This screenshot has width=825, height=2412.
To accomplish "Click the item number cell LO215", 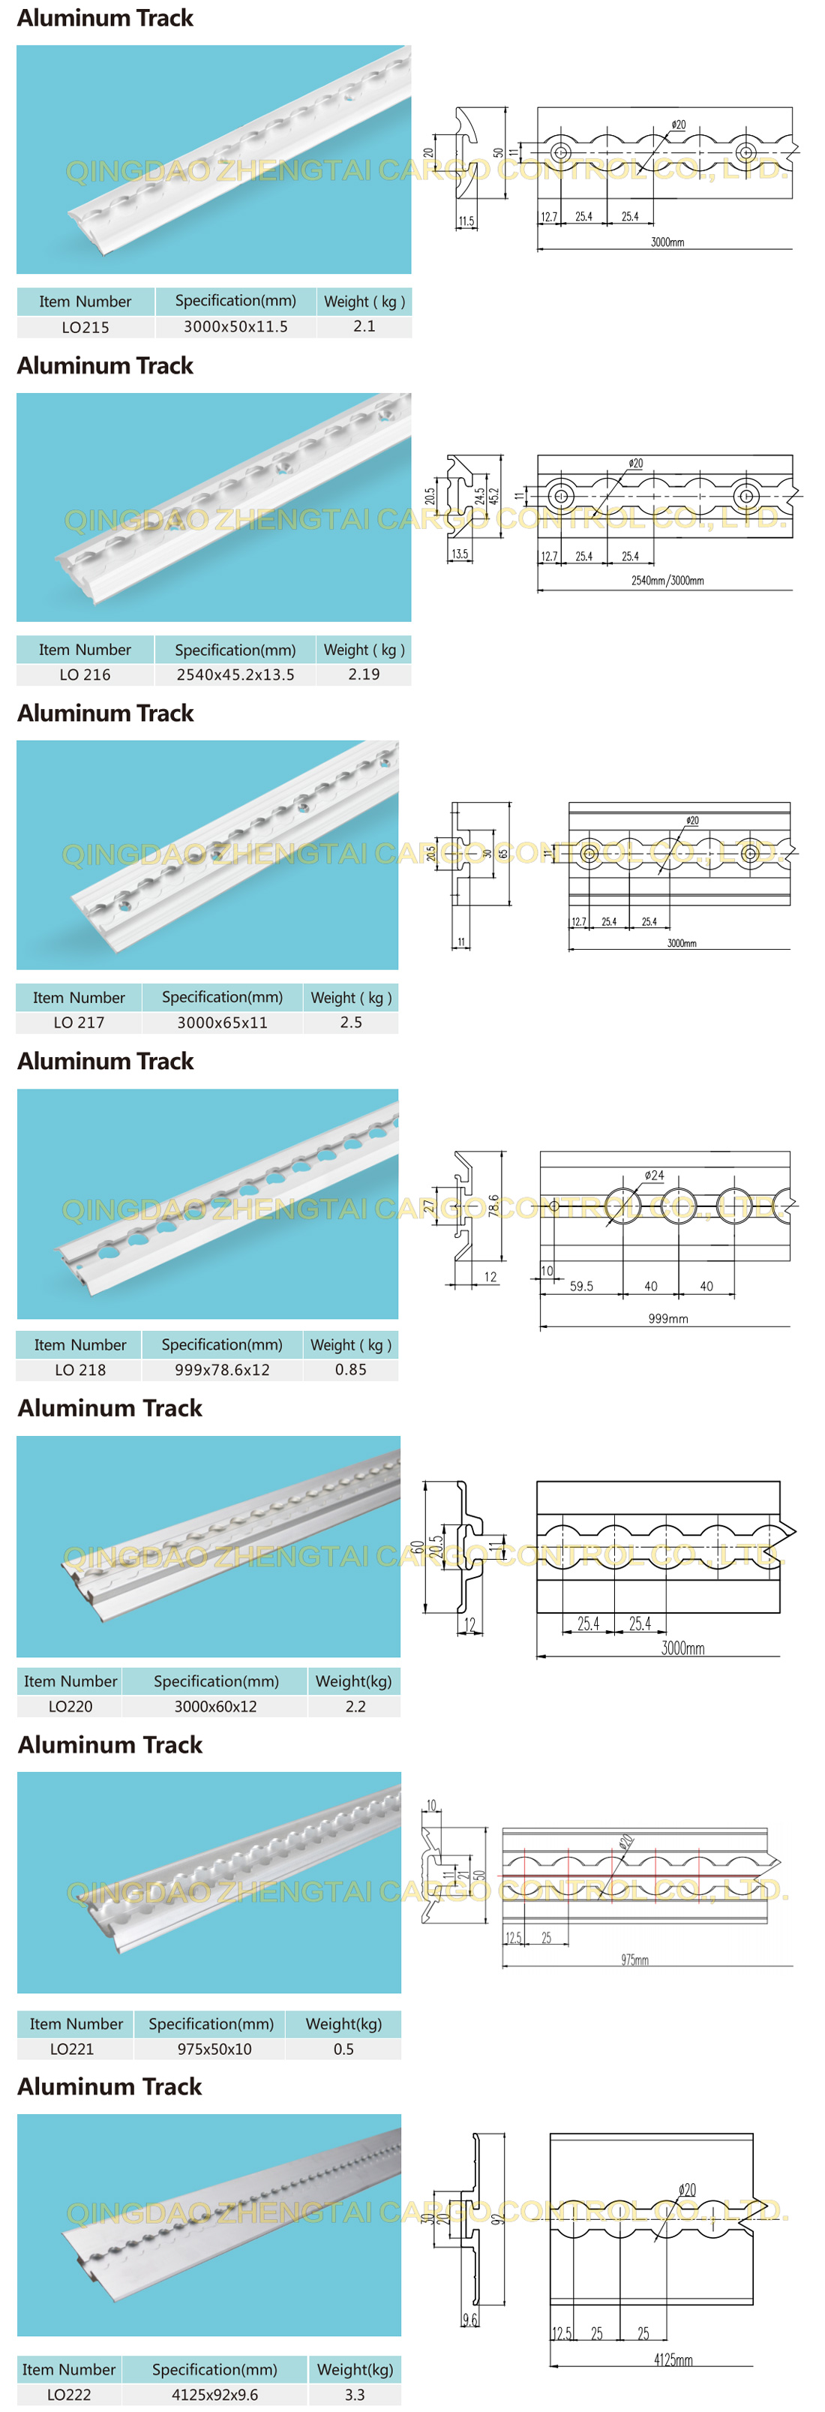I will click(85, 327).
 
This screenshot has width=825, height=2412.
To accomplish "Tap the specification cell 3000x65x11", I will click(222, 1023).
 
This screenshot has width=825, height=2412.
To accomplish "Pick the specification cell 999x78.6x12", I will click(222, 1369).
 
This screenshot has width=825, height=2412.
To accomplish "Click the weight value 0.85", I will click(350, 1369).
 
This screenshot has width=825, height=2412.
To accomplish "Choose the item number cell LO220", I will click(70, 1706).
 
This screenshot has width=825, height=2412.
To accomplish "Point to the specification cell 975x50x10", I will click(214, 2049).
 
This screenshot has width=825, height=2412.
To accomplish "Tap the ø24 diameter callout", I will click(655, 1175).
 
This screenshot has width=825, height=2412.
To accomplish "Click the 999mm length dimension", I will click(667, 1318).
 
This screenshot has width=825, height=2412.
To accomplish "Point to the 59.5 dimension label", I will click(580, 1287).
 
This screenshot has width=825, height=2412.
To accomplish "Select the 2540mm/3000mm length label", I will click(667, 581).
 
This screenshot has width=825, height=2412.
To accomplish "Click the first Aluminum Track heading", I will click(105, 18).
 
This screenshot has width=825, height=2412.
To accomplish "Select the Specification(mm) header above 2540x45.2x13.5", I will click(235, 650).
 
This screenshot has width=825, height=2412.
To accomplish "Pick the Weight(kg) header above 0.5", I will click(343, 2023).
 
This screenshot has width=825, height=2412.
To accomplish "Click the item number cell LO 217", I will click(79, 1023).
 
